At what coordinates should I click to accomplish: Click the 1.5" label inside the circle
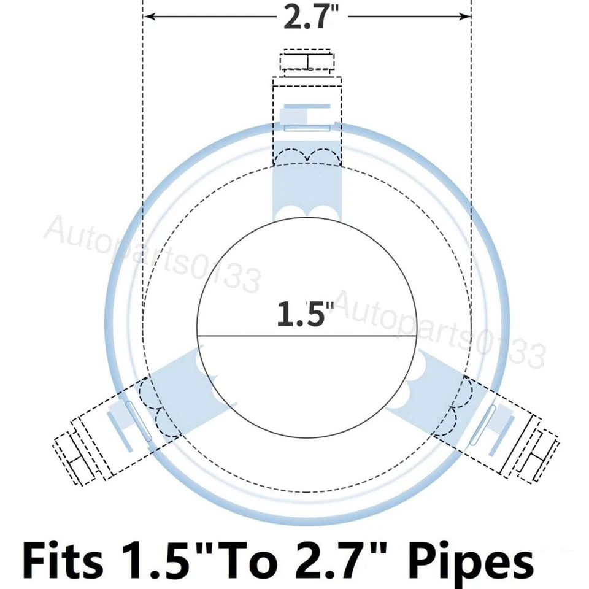306,313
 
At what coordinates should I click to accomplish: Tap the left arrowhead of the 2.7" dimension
150,16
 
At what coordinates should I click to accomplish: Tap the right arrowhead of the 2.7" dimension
465,16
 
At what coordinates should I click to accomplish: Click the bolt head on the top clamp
307,61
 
